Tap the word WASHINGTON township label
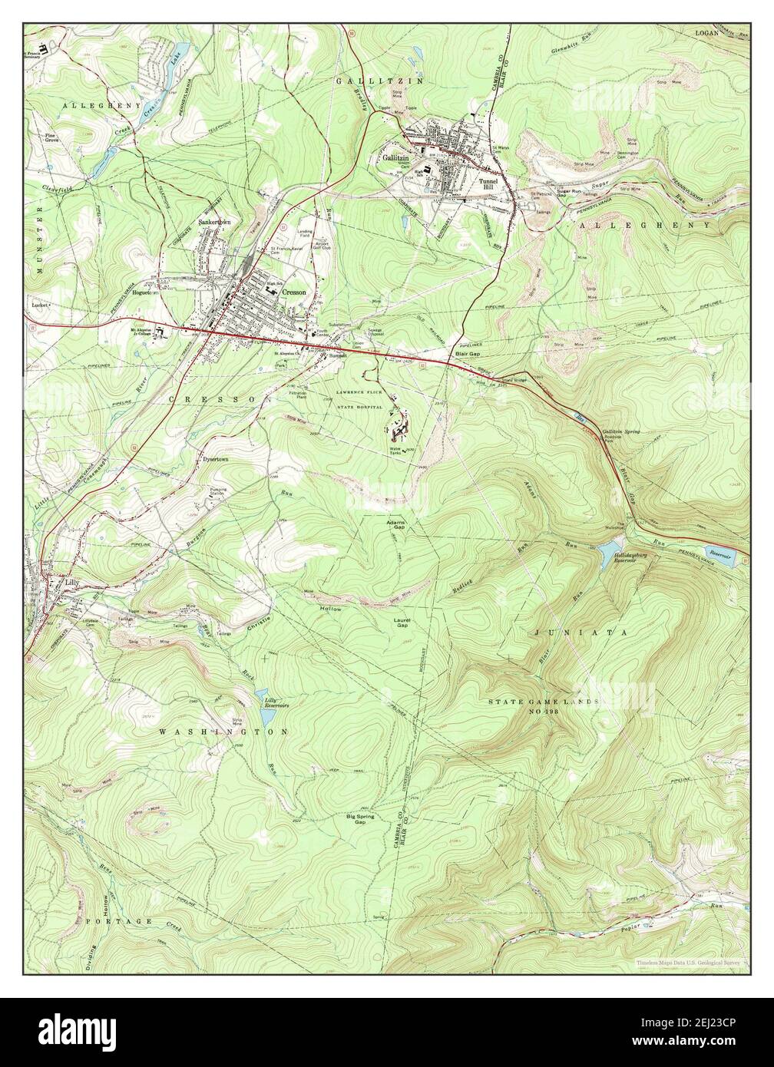223,732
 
